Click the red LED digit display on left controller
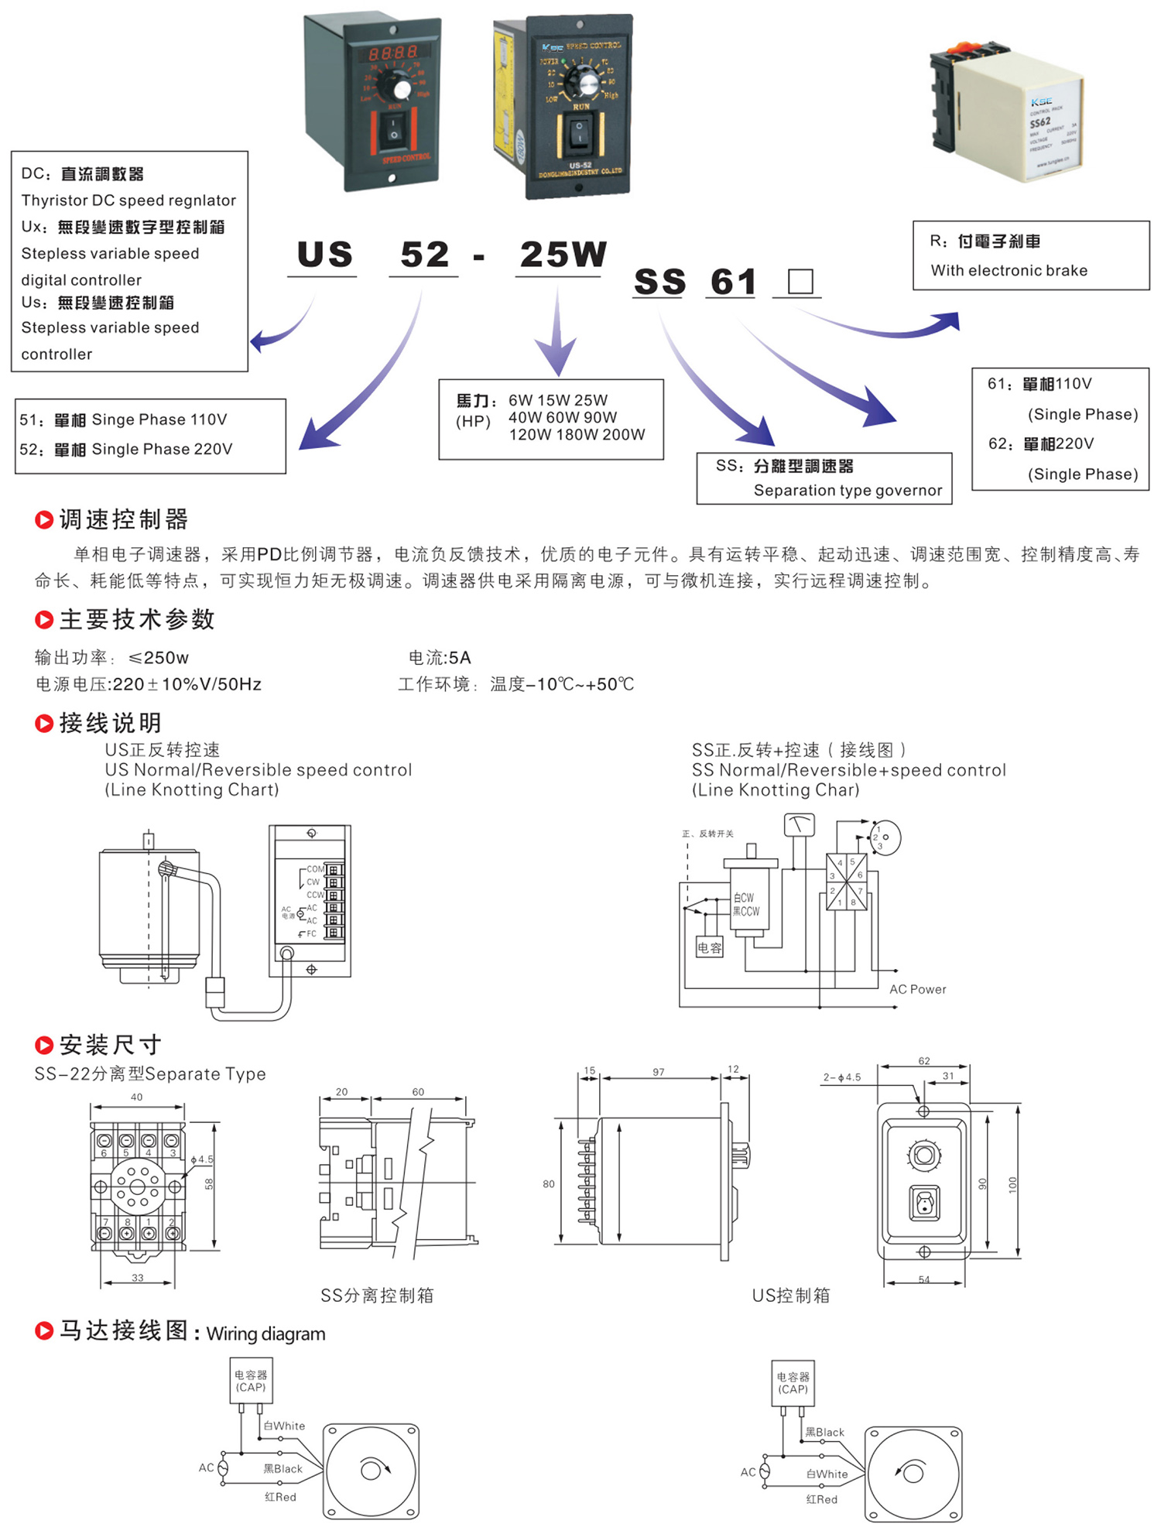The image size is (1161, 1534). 393,53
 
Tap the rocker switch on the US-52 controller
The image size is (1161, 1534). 578,133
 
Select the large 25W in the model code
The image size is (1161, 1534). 563,255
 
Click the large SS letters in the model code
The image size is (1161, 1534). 659,282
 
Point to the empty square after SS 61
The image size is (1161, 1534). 800,281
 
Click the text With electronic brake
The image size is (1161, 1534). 1009,271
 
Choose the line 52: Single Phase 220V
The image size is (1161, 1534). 126,450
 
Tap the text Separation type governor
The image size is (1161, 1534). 848,491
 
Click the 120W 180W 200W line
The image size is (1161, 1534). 577,435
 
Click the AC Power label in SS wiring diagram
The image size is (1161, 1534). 917,989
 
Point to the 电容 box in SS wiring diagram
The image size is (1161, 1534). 709,948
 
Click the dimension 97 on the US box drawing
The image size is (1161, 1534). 658,1072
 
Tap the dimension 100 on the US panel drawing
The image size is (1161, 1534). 1012,1184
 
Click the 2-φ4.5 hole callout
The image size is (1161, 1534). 841,1077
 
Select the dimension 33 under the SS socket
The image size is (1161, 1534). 137,1278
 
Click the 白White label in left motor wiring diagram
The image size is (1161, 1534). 284,1426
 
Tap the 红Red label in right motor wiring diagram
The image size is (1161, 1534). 821,1499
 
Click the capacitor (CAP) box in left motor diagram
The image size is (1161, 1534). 251,1381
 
